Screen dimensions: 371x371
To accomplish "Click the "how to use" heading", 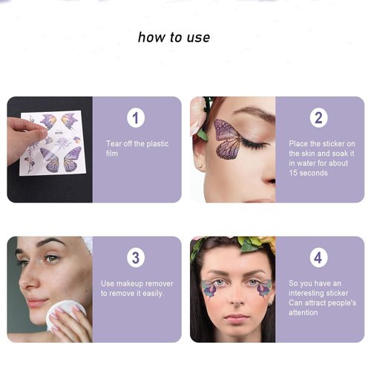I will (174, 37).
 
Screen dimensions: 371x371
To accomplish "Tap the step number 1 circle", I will (136, 117).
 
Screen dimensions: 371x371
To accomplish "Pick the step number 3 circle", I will (136, 257).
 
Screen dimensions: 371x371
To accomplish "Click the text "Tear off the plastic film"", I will (132, 148).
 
